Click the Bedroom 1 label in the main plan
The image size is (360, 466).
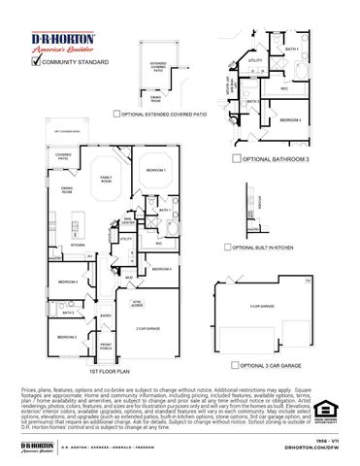pyautogui.click(x=156, y=171)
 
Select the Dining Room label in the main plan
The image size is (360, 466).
pyautogui.click(x=67, y=190)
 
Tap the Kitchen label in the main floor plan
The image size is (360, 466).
pyautogui.click(x=64, y=245)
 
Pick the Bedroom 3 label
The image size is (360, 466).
pyautogui.click(x=67, y=282)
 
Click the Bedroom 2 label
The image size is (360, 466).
pyautogui.click(x=65, y=336)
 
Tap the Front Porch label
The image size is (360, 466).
pyautogui.click(x=106, y=346)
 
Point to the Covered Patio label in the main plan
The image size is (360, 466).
pyautogui.click(x=63, y=155)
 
